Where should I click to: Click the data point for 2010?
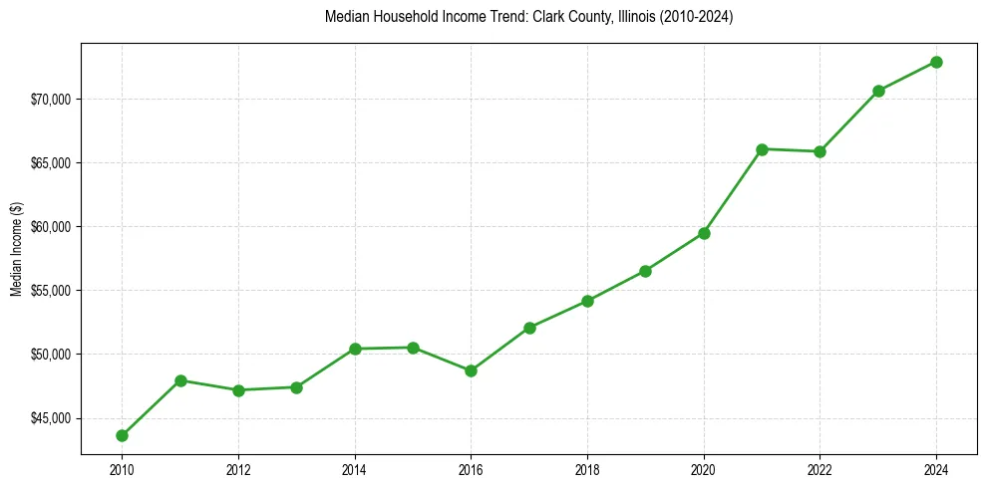[x=122, y=435]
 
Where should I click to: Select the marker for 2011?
[x=180, y=380]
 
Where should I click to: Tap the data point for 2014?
[x=355, y=349]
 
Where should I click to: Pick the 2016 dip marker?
[x=471, y=370]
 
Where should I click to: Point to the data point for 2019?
[x=645, y=271]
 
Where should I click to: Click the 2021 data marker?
[x=762, y=149]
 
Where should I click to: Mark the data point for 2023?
[x=878, y=91]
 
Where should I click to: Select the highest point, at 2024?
[x=936, y=62]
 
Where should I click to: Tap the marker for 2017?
[x=529, y=328]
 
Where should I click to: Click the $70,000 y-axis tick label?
[x=52, y=100]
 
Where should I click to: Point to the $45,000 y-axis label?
[x=52, y=418]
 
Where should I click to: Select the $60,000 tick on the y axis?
[x=52, y=227]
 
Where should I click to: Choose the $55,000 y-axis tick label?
[x=52, y=291]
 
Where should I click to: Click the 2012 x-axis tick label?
[x=238, y=470]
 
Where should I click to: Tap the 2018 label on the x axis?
[x=587, y=470]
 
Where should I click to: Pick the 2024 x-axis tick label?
[x=936, y=470]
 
